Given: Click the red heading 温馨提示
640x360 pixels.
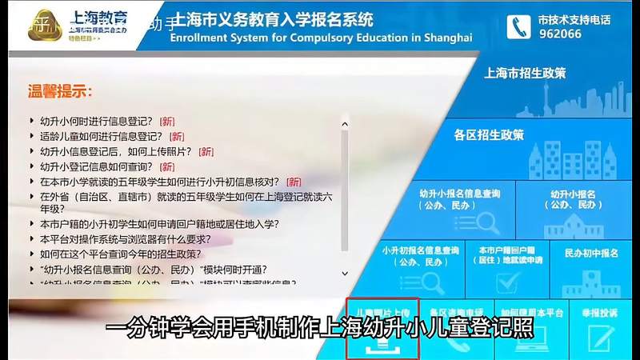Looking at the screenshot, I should tap(61, 91).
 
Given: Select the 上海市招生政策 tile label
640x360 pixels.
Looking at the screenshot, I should tap(526, 73).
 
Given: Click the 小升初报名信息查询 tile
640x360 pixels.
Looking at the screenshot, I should tap(420, 268).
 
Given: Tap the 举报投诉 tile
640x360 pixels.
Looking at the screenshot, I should tap(602, 328).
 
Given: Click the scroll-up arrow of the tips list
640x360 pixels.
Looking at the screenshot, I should tap(345, 124).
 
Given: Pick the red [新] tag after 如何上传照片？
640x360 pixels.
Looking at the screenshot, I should tap(206, 152).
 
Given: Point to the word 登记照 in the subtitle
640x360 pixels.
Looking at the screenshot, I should tap(510, 329).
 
